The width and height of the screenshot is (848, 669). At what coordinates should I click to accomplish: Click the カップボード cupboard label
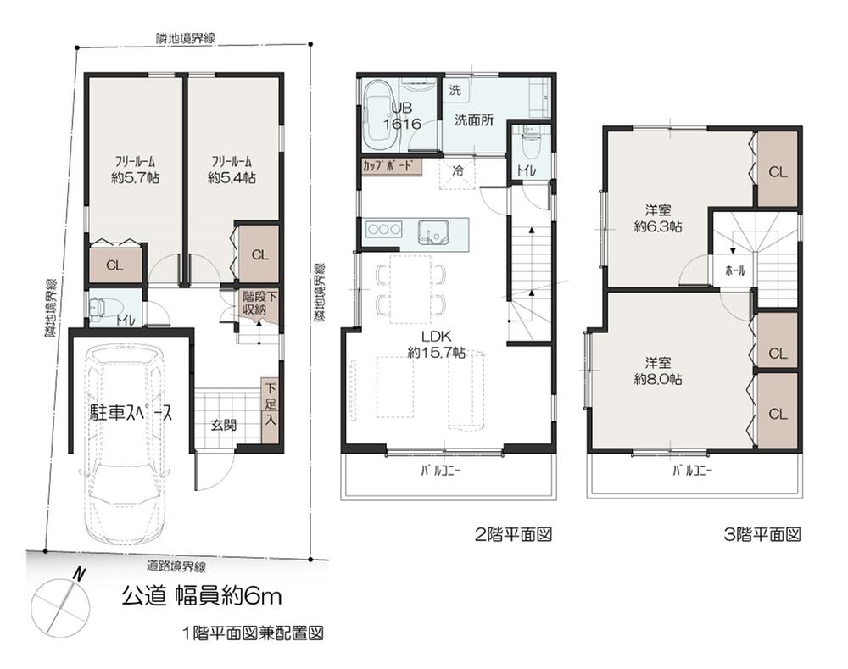pos(391,166)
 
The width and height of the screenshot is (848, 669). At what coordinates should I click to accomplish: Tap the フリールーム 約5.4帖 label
pos(232,170)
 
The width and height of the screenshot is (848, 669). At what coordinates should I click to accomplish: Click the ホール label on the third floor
pos(735,270)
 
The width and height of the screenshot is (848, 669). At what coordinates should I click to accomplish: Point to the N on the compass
pos(78,575)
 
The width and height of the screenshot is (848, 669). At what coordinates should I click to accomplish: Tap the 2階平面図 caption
pos(513,535)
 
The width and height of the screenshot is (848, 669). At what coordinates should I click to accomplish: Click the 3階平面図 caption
pos(762,535)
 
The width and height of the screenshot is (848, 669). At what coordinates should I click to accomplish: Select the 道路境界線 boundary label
pos(176,566)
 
